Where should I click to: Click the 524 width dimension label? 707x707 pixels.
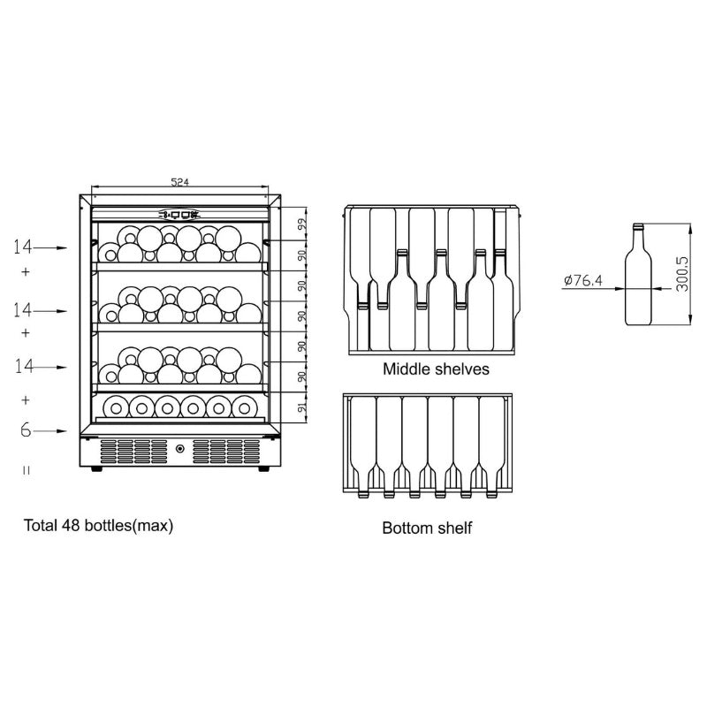pyautogui.click(x=179, y=182)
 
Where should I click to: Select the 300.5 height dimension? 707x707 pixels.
pyautogui.click(x=681, y=276)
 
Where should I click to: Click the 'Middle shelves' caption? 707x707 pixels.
pyautogui.click(x=436, y=369)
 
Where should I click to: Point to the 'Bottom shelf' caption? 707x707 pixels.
pyautogui.click(x=427, y=528)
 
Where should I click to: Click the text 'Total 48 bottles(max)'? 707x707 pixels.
pyautogui.click(x=98, y=525)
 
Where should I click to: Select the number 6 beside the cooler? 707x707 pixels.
pyautogui.click(x=27, y=430)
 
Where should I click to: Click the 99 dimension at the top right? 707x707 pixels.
pyautogui.click(x=300, y=224)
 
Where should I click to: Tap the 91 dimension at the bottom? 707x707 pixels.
pyautogui.click(x=300, y=408)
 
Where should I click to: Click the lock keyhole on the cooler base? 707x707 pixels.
pyautogui.click(x=180, y=448)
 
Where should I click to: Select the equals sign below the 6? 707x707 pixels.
pyautogui.click(x=27, y=470)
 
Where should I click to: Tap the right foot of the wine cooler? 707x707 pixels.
pyautogui.click(x=263, y=468)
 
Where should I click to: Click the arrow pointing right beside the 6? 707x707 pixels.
pyautogui.click(x=55, y=431)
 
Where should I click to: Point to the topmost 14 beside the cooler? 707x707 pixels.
pyautogui.click(x=23, y=247)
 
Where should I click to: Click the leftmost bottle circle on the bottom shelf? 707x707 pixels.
pyautogui.click(x=114, y=407)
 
